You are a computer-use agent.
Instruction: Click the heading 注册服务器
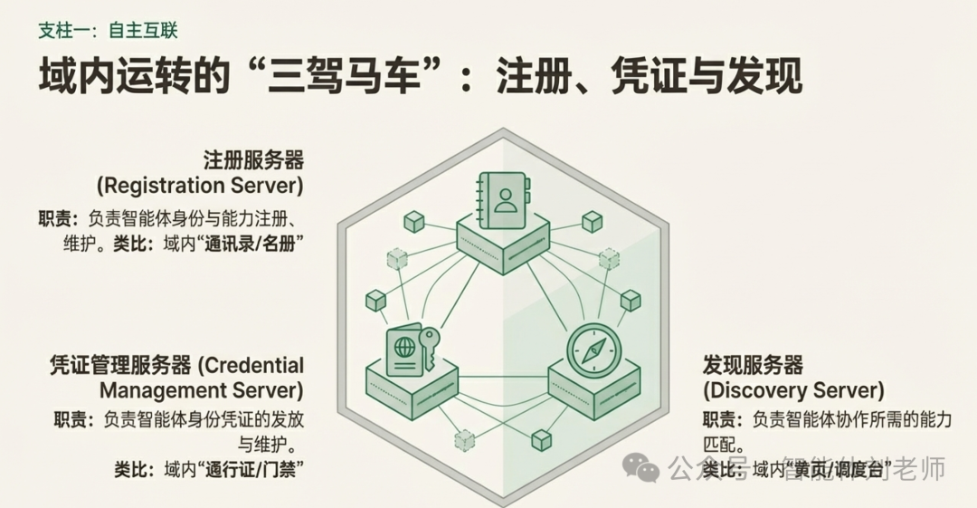click(x=253, y=161)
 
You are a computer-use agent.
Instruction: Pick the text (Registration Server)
click(x=200, y=186)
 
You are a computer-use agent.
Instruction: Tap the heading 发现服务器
click(x=753, y=366)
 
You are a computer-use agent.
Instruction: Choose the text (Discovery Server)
click(x=793, y=390)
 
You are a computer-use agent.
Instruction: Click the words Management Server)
click(x=201, y=390)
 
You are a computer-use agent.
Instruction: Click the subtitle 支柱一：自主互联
click(x=108, y=30)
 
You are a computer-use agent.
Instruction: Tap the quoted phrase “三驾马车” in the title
click(x=346, y=76)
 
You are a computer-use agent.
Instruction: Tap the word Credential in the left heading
click(x=251, y=366)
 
